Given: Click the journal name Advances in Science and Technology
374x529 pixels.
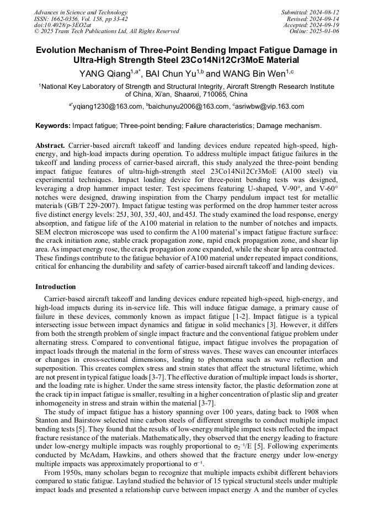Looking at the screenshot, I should point(81,12).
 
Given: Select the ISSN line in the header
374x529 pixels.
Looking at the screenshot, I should point(81,19).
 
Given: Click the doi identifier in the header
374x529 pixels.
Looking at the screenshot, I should point(62,25).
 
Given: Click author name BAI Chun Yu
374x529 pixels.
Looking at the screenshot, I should point(172,74).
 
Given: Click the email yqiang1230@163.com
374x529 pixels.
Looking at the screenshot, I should point(106,106).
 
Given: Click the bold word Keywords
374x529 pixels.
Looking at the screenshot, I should point(52,126).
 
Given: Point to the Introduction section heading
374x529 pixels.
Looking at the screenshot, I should point(56,287).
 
